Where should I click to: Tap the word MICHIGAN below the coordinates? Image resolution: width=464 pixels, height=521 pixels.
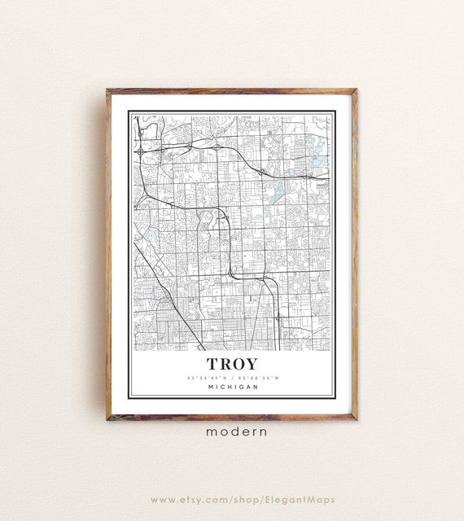pyautogui.click(x=233, y=387)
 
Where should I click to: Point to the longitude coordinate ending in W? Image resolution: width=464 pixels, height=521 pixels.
pyautogui.click(x=259, y=378)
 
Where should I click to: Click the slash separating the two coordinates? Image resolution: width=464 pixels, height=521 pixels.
pyautogui.click(x=232, y=378)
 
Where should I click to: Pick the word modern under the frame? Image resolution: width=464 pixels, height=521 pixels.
pyautogui.click(x=231, y=432)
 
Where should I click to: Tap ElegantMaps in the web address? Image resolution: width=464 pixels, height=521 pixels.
pyautogui.click(x=307, y=499)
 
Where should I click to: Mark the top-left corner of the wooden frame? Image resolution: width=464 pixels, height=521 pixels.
pyautogui.click(x=107, y=90)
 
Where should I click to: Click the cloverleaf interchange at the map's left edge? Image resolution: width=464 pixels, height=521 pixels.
pyautogui.click(x=141, y=151)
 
